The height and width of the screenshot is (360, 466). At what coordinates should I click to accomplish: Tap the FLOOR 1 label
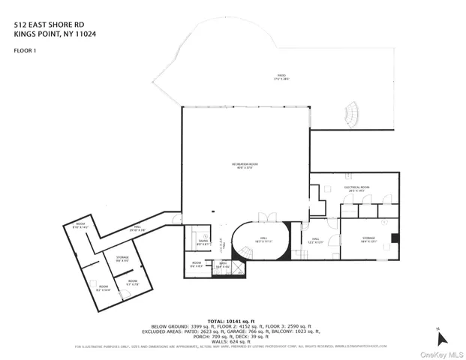[26, 50]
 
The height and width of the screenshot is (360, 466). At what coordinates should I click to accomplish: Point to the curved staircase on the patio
[350, 115]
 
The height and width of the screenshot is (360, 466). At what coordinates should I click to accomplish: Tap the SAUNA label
[201, 241]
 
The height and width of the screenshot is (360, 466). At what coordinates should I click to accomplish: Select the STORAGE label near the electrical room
[367, 238]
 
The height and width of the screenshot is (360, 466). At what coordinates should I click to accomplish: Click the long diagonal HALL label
[138, 229]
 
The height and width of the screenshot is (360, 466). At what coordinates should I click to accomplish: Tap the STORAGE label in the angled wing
[122, 258]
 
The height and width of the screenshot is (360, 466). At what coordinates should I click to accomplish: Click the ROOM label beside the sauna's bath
[196, 264]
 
